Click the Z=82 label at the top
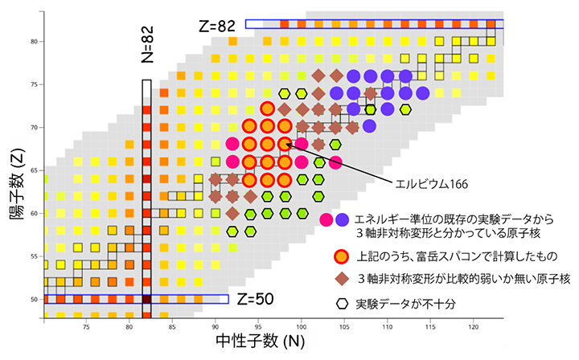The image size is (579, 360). tap(216, 26)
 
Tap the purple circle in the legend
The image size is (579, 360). tap(343, 219)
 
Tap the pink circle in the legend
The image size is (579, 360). tap(326, 219)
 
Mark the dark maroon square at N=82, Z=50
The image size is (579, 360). tap(146, 299)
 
